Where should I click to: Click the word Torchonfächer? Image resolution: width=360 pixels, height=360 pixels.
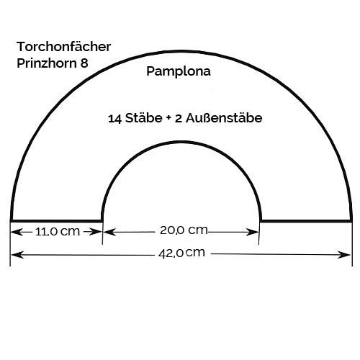pyautogui.click(x=63, y=47)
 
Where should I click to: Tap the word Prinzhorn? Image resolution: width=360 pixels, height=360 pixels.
pyautogui.click(x=47, y=63)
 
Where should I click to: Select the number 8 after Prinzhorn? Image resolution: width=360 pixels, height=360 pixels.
pyautogui.click(x=84, y=63)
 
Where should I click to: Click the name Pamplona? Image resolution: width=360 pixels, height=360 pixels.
pyautogui.click(x=179, y=72)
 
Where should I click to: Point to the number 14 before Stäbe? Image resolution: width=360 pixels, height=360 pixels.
pyautogui.click(x=114, y=119)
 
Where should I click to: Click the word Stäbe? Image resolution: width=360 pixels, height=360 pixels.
pyautogui.click(x=144, y=118)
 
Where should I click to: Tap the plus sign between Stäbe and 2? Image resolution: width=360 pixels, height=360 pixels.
pyautogui.click(x=168, y=118)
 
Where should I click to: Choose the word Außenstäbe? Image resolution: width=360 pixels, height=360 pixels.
pyautogui.click(x=224, y=118)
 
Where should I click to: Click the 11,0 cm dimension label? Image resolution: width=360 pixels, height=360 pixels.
pyautogui.click(x=58, y=232)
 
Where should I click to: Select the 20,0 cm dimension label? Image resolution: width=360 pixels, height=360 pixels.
pyautogui.click(x=184, y=230)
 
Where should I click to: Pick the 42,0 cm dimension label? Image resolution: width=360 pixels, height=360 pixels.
pyautogui.click(x=181, y=253)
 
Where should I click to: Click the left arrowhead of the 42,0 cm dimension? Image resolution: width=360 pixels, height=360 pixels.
pyautogui.click(x=17, y=254)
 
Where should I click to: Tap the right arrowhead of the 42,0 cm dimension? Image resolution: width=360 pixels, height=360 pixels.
pyautogui.click(x=344, y=255)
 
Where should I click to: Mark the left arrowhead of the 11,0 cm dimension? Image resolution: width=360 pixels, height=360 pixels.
pyautogui.click(x=17, y=232)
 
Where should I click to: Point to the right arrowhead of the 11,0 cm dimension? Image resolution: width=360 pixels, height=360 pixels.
pyautogui.click(x=96, y=232)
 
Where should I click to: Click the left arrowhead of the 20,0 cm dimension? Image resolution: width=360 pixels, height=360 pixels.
pyautogui.click(x=109, y=232)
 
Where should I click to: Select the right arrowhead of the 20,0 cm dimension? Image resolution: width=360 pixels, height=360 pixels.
pyautogui.click(x=252, y=232)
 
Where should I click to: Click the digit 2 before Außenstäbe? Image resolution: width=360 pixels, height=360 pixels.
pyautogui.click(x=179, y=119)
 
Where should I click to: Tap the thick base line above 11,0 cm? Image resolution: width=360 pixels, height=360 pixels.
pyautogui.click(x=56, y=220)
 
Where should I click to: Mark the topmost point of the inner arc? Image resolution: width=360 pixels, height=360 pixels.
pyautogui.click(x=181, y=142)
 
